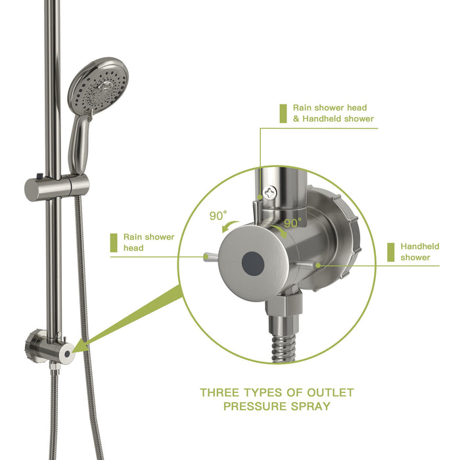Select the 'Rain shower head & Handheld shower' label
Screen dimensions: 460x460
333,113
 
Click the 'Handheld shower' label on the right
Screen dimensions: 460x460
415,252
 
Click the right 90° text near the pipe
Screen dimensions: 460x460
292,223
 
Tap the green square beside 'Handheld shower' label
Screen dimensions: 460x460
391,252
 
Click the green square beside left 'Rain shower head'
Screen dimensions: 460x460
114,242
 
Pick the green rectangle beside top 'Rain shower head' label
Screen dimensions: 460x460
283,113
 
